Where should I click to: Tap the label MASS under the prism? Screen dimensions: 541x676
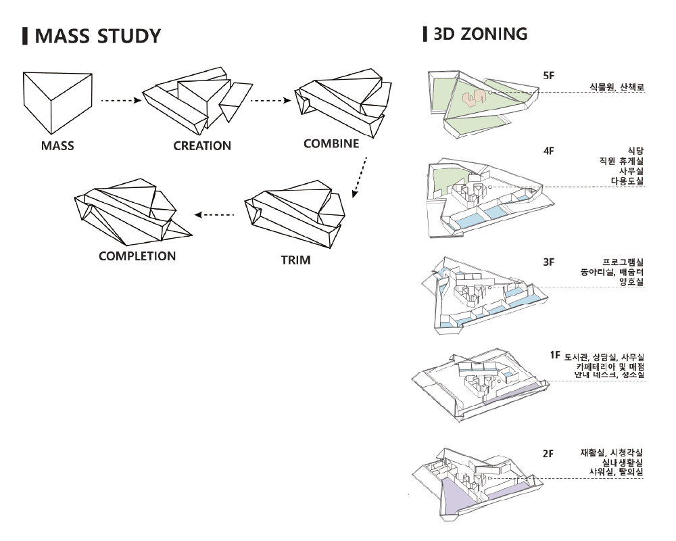[x=57, y=145]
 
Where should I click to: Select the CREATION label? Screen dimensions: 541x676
[x=202, y=145]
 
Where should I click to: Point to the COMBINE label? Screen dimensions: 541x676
[x=331, y=144]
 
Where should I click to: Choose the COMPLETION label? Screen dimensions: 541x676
[x=137, y=256]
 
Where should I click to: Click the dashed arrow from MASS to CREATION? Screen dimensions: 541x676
[x=120, y=101]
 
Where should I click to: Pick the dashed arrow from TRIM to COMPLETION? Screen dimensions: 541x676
[x=214, y=215]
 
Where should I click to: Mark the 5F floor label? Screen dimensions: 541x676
[x=548, y=76]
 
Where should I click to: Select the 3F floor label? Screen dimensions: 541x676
[x=548, y=261]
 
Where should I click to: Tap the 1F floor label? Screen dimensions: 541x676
[x=554, y=355]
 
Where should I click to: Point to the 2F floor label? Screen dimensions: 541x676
[x=548, y=453]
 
